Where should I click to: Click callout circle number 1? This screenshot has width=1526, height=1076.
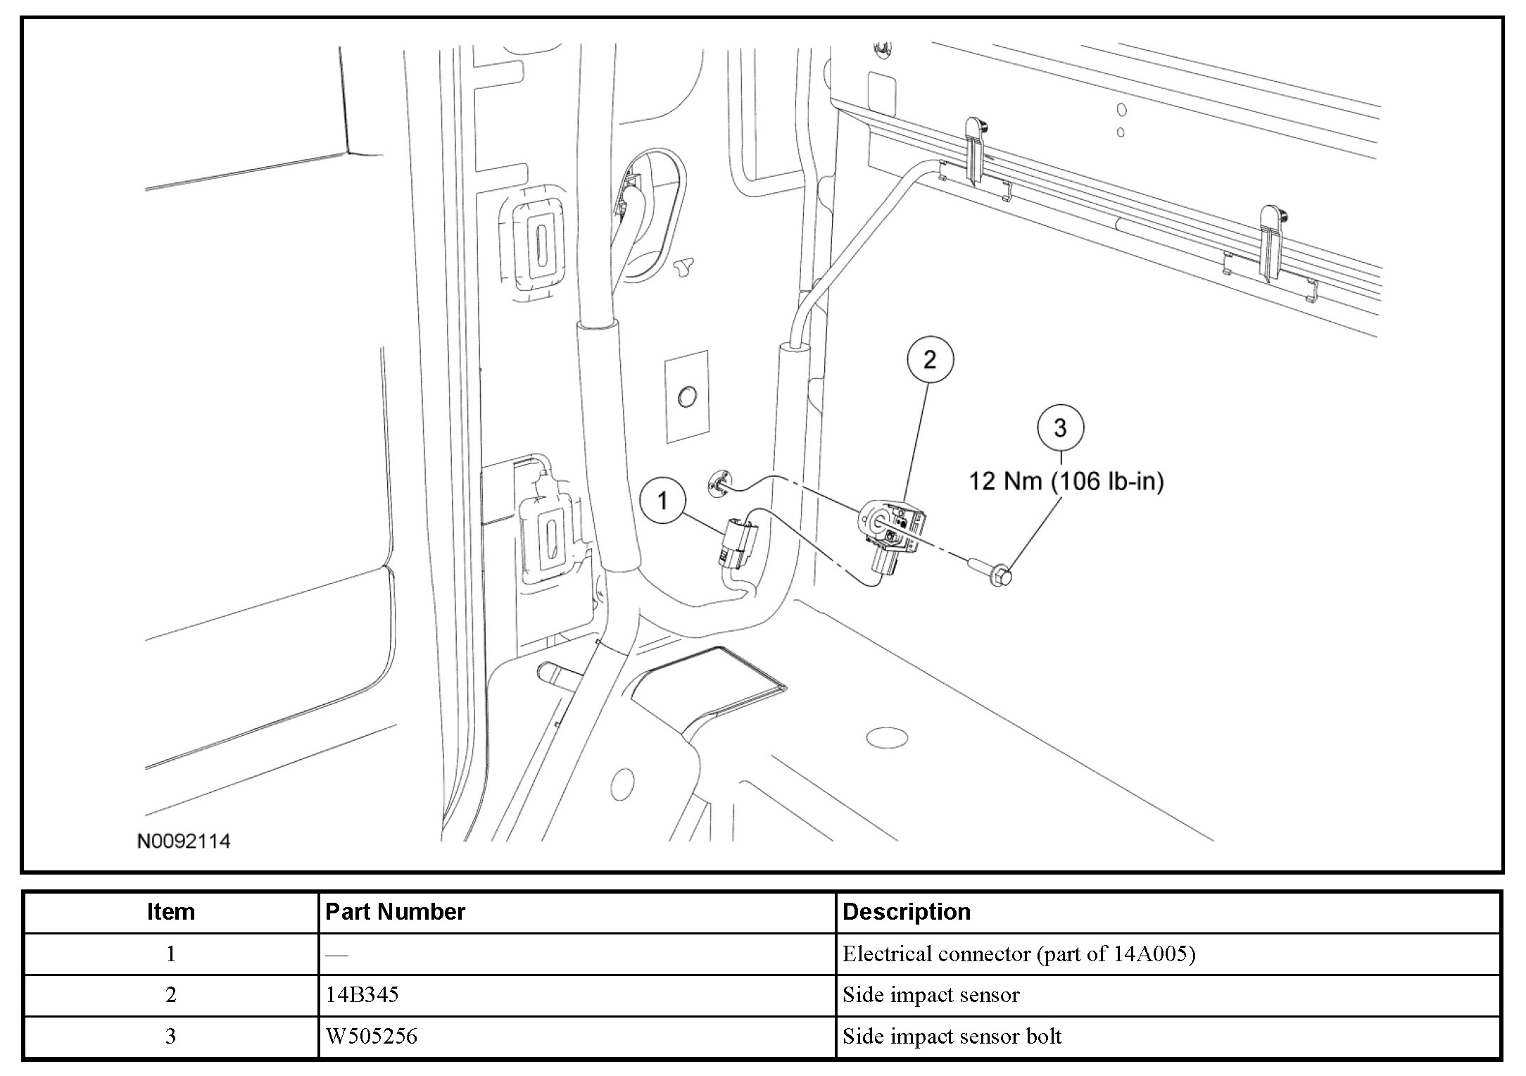point(662,501)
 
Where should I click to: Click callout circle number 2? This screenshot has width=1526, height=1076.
point(929,361)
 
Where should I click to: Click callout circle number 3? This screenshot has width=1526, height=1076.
point(1060,428)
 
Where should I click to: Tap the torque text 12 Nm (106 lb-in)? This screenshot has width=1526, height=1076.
point(1066,482)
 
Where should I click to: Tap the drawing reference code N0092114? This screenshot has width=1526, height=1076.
point(184,842)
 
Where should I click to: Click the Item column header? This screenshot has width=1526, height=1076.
point(170,912)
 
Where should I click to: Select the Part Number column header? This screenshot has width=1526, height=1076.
point(395,912)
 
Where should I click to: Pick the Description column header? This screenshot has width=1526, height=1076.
point(906,912)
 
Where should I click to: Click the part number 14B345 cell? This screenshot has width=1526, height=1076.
point(362,994)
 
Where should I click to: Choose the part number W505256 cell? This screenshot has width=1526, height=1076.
point(371,1036)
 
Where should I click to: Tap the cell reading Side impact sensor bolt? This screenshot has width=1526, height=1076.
point(952,1036)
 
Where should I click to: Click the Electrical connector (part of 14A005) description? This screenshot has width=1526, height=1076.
point(1019,953)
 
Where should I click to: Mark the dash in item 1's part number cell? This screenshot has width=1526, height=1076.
point(337,955)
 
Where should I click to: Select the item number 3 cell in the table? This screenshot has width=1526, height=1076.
point(170,1036)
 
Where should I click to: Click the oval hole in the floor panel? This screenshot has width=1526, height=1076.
point(887,738)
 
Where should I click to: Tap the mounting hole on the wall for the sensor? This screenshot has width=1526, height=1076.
point(719,484)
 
